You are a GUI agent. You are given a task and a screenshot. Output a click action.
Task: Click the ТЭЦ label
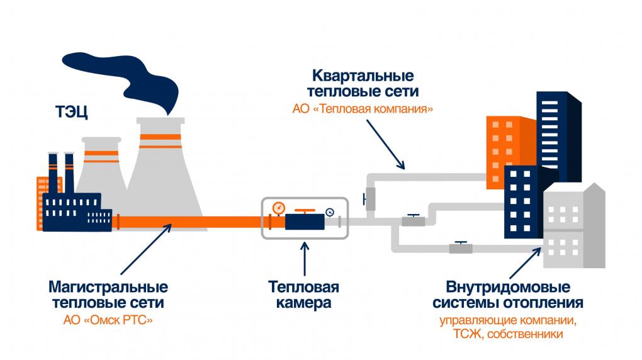coord(70,114)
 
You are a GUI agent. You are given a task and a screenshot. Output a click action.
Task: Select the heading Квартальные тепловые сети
coord(363,84)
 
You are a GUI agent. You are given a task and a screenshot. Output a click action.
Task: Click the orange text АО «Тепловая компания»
coord(363,108)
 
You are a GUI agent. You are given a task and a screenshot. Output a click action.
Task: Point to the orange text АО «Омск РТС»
coord(108,320)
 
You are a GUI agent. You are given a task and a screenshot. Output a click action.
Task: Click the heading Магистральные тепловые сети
coord(108,295)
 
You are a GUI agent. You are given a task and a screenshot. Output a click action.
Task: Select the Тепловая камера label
coord(303,295)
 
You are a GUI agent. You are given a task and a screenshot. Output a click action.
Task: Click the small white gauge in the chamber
coord(329,212)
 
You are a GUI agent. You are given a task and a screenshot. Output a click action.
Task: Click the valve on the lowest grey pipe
coord(461,247)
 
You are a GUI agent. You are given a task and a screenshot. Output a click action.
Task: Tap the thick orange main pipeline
coord(189,222)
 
